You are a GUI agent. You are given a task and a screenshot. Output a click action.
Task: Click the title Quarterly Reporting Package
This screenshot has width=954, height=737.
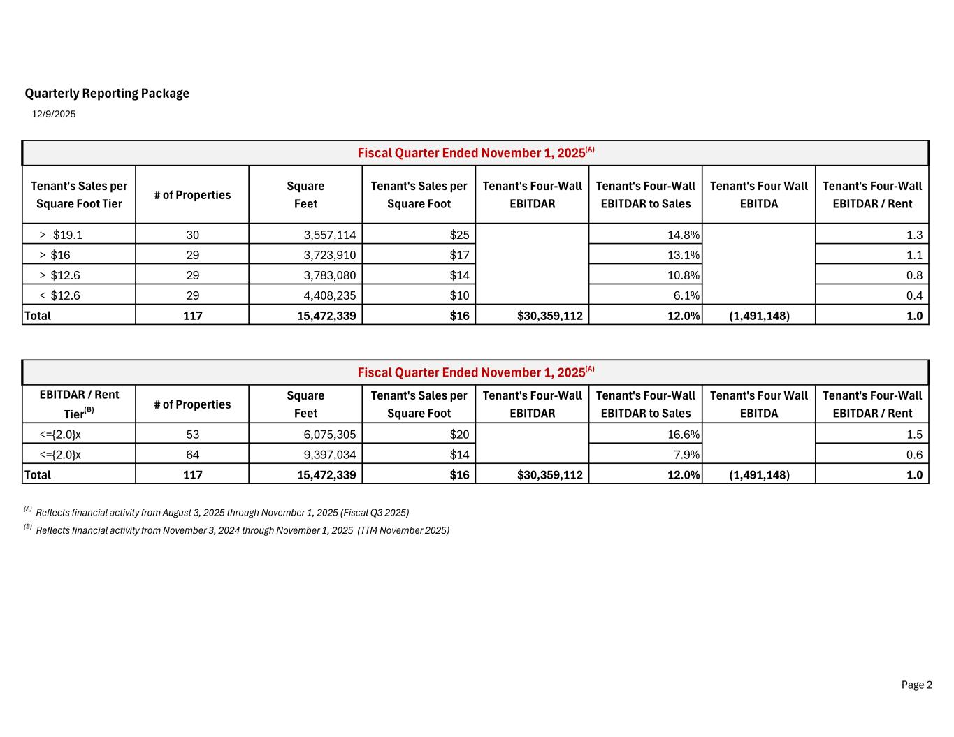click(107, 94)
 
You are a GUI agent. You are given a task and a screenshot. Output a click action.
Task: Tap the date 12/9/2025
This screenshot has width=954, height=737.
click(54, 114)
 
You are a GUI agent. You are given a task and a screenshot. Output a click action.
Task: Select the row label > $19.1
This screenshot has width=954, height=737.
click(61, 235)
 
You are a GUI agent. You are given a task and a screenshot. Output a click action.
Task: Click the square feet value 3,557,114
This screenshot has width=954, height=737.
click(329, 235)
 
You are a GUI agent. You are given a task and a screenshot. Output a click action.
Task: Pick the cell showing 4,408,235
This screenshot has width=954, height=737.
click(329, 295)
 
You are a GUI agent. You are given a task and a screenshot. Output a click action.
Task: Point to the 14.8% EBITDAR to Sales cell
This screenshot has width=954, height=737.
click(683, 235)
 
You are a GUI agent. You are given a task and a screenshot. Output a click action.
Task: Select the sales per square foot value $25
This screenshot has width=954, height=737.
click(459, 235)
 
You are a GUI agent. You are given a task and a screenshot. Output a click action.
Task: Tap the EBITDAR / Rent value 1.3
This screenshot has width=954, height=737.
click(913, 235)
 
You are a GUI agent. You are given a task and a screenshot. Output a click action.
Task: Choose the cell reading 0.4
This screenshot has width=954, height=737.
click(913, 295)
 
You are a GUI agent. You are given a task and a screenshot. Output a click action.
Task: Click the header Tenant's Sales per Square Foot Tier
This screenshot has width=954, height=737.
click(79, 195)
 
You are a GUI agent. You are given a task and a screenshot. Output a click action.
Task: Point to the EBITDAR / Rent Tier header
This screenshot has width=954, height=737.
click(79, 404)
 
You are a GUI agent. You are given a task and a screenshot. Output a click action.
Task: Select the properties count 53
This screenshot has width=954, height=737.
click(192, 435)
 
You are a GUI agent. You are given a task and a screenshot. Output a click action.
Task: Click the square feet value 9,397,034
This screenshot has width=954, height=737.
click(329, 455)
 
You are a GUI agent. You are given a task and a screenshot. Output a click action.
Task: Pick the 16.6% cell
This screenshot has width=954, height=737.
click(683, 435)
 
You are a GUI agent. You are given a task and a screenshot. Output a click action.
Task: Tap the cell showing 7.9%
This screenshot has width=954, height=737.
click(686, 455)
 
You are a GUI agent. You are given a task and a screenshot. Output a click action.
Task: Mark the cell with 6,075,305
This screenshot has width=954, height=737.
click(329, 435)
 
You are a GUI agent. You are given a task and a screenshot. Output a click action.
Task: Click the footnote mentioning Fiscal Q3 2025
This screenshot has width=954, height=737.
click(222, 513)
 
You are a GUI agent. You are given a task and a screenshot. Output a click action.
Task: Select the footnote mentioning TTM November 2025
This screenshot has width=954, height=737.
click(242, 530)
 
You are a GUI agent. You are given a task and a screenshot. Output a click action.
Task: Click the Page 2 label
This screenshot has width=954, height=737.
click(916, 685)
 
